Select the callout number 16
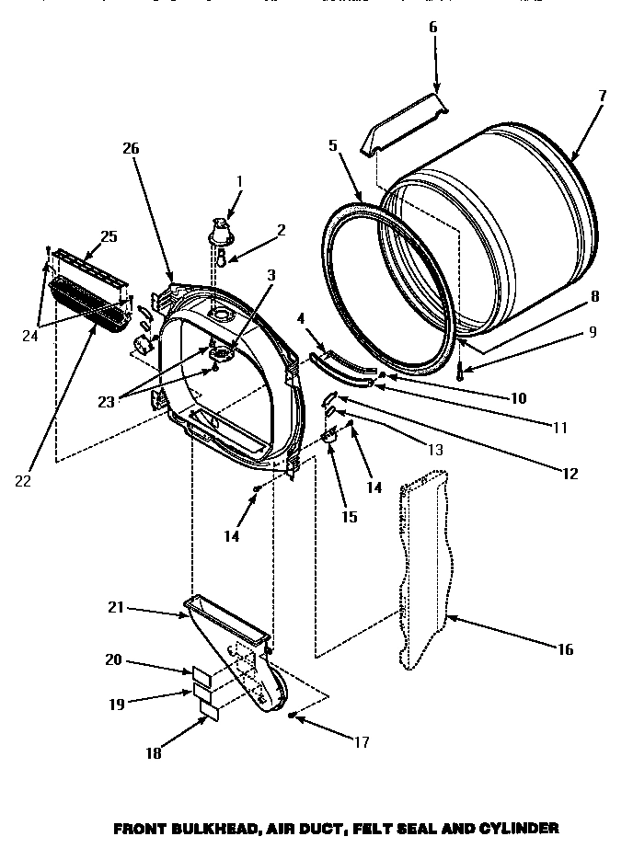565,649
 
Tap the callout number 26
132,147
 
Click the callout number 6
432,28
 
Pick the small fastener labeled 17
292,715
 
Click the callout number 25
109,236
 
